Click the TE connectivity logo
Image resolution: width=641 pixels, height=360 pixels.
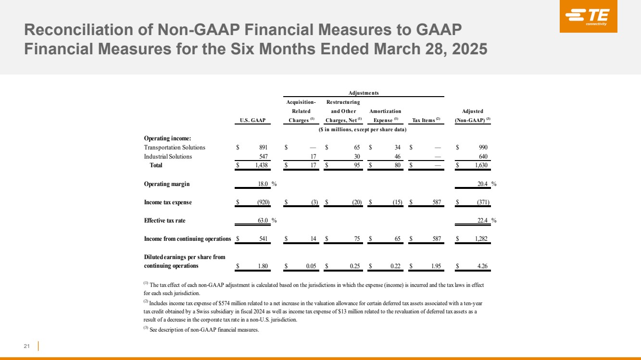coord(589,16)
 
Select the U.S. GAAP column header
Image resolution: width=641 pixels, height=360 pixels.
coord(252,120)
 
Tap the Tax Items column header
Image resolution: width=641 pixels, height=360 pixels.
coord(426,120)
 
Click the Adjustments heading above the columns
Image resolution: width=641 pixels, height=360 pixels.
coord(364,93)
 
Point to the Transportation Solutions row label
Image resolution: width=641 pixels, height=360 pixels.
coord(175,148)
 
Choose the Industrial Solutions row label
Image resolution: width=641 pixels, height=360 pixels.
coord(168,157)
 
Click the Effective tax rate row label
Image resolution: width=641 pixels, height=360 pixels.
coord(164,221)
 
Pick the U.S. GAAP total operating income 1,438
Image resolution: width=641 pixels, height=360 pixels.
coord(261,165)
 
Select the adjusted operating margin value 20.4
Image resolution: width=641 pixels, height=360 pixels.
coord(482,184)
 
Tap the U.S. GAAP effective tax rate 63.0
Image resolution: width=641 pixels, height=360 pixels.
coord(263,221)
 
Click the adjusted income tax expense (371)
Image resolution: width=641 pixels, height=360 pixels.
coord(483,202)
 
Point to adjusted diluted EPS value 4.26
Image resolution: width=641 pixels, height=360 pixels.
coord(482,266)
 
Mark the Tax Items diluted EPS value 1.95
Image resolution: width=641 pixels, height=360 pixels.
coord(436,266)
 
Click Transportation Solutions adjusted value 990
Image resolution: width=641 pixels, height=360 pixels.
coord(483,148)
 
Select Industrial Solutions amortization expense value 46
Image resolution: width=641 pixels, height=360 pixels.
coord(398,157)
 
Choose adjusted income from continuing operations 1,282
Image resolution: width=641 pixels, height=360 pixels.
coord(481,239)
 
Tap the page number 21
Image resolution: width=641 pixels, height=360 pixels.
coord(26,346)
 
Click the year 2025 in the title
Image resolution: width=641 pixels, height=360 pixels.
coord(470,49)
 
